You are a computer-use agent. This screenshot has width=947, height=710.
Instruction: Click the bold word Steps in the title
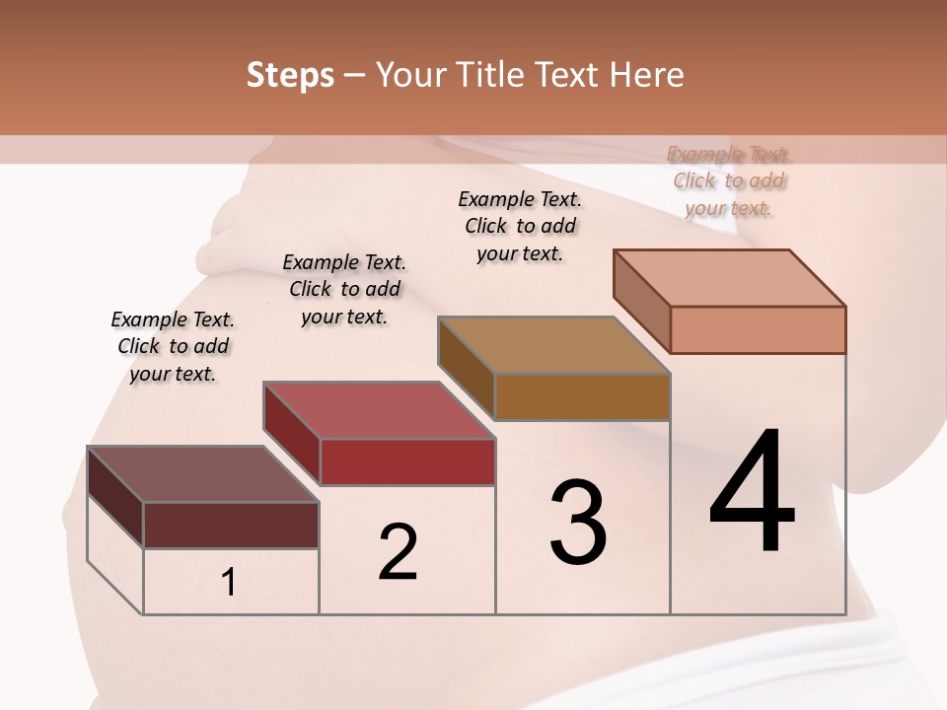pyautogui.click(x=290, y=75)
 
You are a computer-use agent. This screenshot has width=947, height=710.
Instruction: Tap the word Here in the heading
pyautogui.click(x=647, y=75)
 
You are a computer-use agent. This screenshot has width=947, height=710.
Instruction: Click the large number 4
pyautogui.click(x=753, y=492)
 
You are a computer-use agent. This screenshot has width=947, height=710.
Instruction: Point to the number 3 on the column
pyautogui.click(x=578, y=523)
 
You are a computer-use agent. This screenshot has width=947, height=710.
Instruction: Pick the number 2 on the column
pyautogui.click(x=399, y=552)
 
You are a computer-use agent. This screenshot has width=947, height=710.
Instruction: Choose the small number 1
pyautogui.click(x=229, y=583)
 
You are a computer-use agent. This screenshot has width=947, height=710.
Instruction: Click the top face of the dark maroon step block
pyautogui.click(x=202, y=474)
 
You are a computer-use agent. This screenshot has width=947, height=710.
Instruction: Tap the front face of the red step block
pyautogui.click(x=407, y=461)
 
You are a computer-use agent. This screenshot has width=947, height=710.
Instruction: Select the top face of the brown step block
pyautogui.click(x=553, y=345)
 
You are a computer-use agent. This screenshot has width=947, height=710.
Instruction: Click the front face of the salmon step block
pyautogui.click(x=758, y=329)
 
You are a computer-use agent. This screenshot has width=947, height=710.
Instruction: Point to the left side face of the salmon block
pyautogui.click(x=641, y=301)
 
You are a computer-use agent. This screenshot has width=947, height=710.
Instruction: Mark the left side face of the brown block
pyautogui.click(x=466, y=367)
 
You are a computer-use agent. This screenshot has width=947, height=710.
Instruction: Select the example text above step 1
pyautogui.click(x=173, y=346)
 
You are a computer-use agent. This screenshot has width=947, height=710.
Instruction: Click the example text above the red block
pyautogui.click(x=344, y=289)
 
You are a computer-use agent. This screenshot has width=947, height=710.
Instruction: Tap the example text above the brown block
pyautogui.click(x=520, y=226)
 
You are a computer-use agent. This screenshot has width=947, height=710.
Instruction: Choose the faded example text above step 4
pyautogui.click(x=729, y=180)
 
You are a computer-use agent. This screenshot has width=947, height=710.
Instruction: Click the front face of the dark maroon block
pyautogui.click(x=231, y=525)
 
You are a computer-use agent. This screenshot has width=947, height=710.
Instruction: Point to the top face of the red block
pyautogui.click(x=379, y=410)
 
